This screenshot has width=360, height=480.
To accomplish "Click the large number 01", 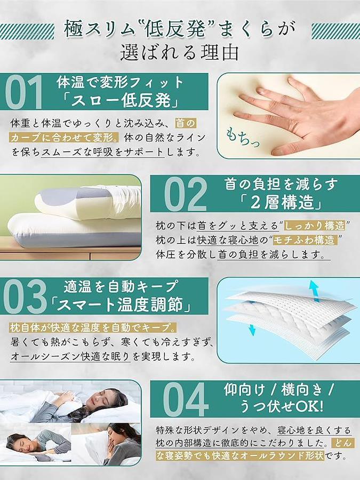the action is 23,92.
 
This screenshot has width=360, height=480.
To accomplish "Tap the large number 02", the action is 186,194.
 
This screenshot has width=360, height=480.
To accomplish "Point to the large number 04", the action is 186,399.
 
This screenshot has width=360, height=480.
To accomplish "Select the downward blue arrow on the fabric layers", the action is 252,330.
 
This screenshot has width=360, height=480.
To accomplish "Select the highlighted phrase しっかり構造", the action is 315,226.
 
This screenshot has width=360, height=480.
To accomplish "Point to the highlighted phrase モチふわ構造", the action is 305,240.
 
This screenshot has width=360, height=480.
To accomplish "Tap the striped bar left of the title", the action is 27,31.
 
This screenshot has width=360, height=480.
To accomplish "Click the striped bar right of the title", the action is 336,31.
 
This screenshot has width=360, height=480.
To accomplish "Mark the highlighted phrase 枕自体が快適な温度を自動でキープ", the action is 92,327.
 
